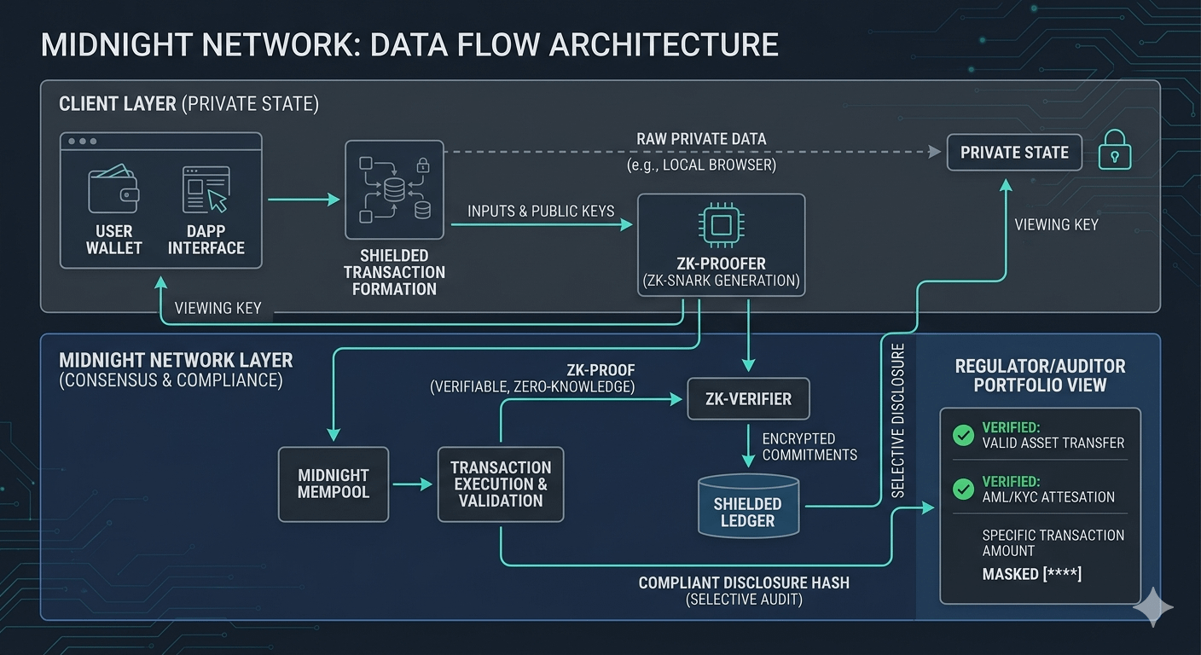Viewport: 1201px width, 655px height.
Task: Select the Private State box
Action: pos(1014,153)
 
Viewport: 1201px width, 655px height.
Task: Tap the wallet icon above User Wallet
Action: pos(113,190)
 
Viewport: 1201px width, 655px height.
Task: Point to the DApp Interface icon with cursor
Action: pos(206,189)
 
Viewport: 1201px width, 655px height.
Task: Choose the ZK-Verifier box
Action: pos(748,398)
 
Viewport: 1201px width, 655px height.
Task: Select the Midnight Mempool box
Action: pos(334,484)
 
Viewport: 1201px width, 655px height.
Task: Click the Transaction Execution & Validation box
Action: pos(501,484)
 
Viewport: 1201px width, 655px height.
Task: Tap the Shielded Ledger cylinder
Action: pos(748,507)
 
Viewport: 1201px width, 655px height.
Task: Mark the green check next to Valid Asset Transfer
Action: pos(963,436)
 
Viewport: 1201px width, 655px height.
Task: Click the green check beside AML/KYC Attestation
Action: pos(963,490)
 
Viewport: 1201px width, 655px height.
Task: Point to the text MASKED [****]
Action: pos(1032,574)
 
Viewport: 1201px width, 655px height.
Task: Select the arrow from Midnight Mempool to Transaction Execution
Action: pos(413,484)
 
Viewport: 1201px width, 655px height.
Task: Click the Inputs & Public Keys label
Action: pos(541,211)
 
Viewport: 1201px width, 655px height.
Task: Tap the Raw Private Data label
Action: pos(701,139)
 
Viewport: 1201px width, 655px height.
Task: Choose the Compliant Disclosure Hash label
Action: pos(744,583)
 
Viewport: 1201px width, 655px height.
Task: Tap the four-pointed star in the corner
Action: pos(1153,606)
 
